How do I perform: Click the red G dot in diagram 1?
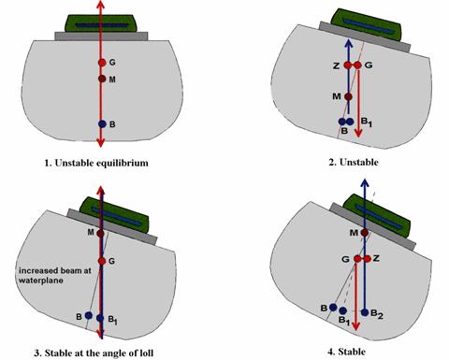102,63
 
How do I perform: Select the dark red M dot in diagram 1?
102,79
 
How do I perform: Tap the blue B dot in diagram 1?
102,124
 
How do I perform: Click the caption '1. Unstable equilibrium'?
96,163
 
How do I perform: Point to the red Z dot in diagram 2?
348,65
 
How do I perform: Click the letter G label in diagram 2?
369,65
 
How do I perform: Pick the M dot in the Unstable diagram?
348,97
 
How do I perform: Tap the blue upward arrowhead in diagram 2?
348,43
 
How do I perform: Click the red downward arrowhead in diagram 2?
358,133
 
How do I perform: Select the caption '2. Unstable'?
354,162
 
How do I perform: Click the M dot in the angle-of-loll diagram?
100,234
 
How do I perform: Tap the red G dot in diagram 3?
102,261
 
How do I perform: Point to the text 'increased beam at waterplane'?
55,275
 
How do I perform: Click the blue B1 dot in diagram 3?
100,318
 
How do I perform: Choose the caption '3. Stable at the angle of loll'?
94,353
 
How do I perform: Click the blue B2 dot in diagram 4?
365,312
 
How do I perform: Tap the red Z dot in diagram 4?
368,259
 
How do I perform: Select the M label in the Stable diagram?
354,233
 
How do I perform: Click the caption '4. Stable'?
346,352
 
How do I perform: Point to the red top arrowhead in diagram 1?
100,5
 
